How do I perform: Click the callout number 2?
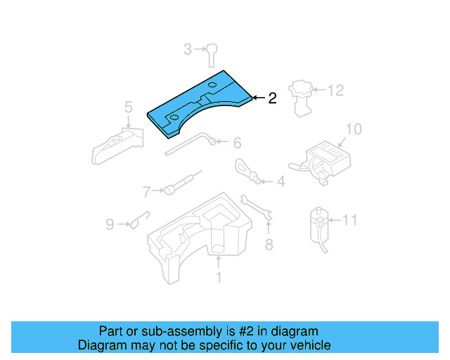tap(271, 98)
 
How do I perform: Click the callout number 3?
tap(188, 49)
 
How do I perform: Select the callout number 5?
tap(128, 107)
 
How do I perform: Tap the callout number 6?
tap(237, 143)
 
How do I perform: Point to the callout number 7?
tap(147, 191)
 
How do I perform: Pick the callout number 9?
tap(110, 224)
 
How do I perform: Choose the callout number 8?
tap(268, 245)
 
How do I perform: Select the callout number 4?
tap(281, 182)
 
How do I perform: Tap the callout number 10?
tap(353, 129)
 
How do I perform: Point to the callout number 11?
tap(349, 220)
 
